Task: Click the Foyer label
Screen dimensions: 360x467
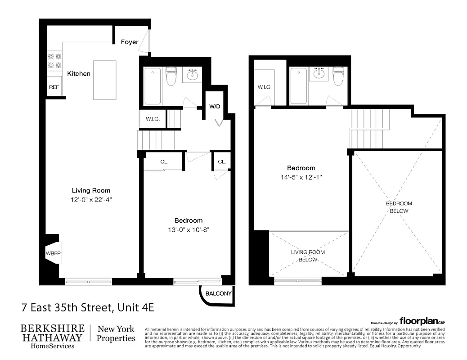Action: [x=130, y=42]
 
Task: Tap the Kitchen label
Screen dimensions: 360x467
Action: [x=79, y=73]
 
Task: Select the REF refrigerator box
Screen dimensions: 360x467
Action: [x=54, y=87]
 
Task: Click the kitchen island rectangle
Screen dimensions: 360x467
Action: [x=104, y=80]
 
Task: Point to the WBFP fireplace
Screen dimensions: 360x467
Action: [x=52, y=254]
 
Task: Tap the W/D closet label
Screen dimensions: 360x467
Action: [x=215, y=107]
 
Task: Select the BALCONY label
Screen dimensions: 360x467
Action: [x=218, y=294]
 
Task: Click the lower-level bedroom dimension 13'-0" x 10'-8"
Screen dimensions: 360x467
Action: [x=189, y=229]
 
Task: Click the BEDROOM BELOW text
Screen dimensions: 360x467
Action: [x=399, y=207]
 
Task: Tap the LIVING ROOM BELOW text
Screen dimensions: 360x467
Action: [x=308, y=256]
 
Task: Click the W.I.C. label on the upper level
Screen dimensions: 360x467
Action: [x=264, y=87]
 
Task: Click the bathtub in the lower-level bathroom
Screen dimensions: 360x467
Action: [x=153, y=85]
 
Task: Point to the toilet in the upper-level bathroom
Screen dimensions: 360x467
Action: [x=338, y=76]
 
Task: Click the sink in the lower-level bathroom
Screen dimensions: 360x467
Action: [x=193, y=74]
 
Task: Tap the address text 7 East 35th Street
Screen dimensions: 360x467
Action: [x=88, y=308]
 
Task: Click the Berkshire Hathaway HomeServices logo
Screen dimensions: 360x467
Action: [x=52, y=336]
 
